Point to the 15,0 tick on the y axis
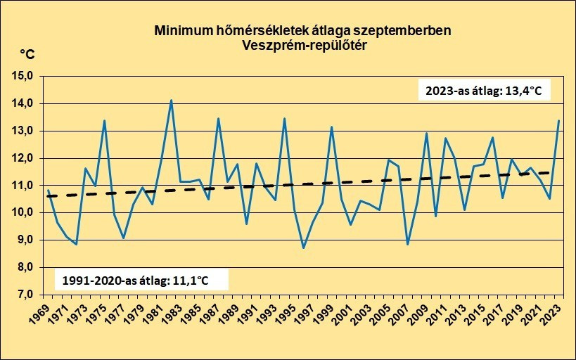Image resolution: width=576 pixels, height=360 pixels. coord(25,77)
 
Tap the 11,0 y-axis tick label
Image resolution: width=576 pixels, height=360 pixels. coord(25,186)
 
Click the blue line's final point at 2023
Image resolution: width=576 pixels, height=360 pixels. coord(558,120)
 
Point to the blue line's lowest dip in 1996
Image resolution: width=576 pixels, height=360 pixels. coord(303,247)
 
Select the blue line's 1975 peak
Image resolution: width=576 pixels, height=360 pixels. coord(104,120)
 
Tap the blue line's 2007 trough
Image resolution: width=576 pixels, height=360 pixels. coord(407,244)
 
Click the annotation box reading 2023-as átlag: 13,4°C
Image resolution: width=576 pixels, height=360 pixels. coord(484,90)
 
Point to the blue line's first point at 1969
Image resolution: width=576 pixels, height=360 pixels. coord(48,190)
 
